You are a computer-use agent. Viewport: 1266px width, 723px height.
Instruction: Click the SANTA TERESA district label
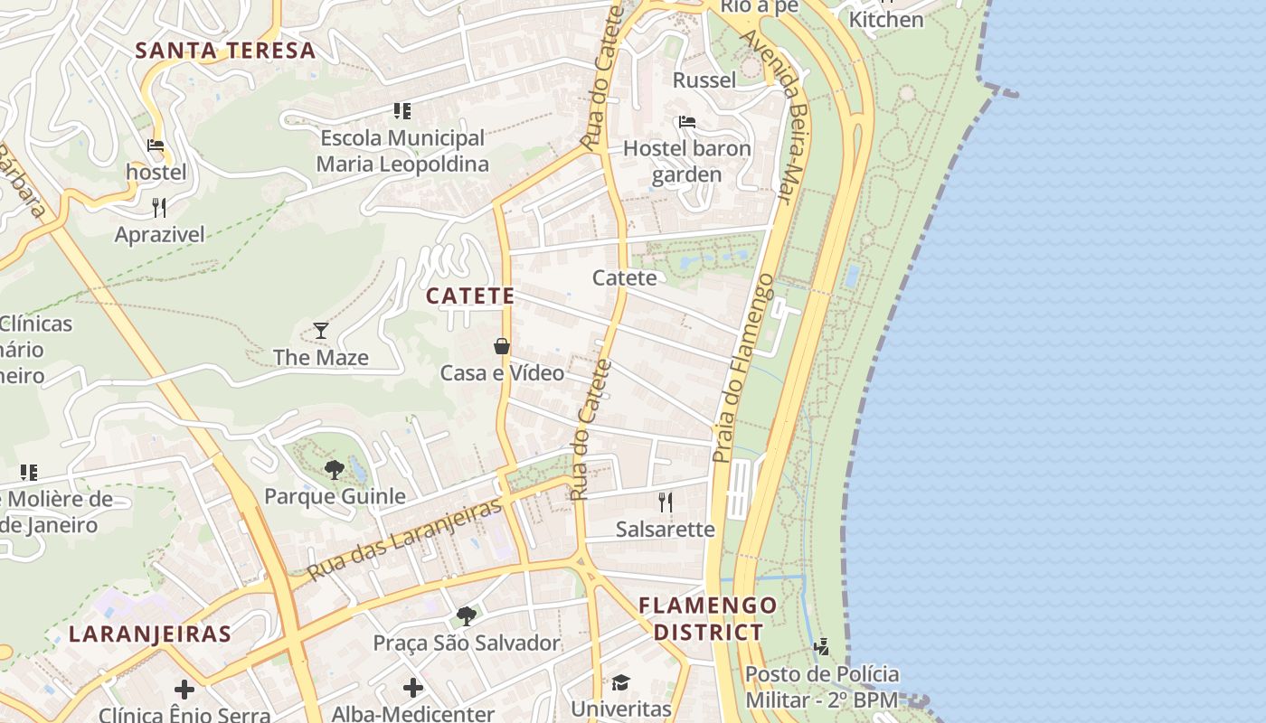225,51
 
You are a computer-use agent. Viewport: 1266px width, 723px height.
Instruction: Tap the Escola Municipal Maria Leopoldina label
402,151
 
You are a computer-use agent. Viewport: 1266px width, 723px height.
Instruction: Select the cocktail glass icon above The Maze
320,330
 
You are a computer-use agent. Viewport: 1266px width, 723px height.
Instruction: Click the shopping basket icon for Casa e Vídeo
502,346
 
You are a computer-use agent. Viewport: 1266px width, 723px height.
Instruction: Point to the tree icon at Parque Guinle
334,469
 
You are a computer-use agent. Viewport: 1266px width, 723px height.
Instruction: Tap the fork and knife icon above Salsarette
666,502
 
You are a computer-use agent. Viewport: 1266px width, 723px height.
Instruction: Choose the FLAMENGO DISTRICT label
708,618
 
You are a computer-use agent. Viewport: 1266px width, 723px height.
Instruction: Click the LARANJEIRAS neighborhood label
150,634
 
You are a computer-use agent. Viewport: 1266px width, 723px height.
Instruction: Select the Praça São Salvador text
467,643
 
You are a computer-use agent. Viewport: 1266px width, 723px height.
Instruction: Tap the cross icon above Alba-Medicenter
413,688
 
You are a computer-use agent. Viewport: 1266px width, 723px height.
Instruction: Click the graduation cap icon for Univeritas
620,682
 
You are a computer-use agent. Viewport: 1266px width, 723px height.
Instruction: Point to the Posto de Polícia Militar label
822,687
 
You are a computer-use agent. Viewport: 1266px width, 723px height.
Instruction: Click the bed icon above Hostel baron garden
687,122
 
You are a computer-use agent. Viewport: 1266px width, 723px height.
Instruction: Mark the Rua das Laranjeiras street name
403,540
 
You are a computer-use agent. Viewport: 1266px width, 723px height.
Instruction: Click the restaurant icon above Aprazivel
159,208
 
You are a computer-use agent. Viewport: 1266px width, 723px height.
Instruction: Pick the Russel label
704,80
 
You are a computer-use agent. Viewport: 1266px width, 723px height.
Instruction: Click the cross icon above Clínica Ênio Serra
184,690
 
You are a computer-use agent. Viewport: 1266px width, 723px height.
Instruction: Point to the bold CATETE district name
470,296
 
